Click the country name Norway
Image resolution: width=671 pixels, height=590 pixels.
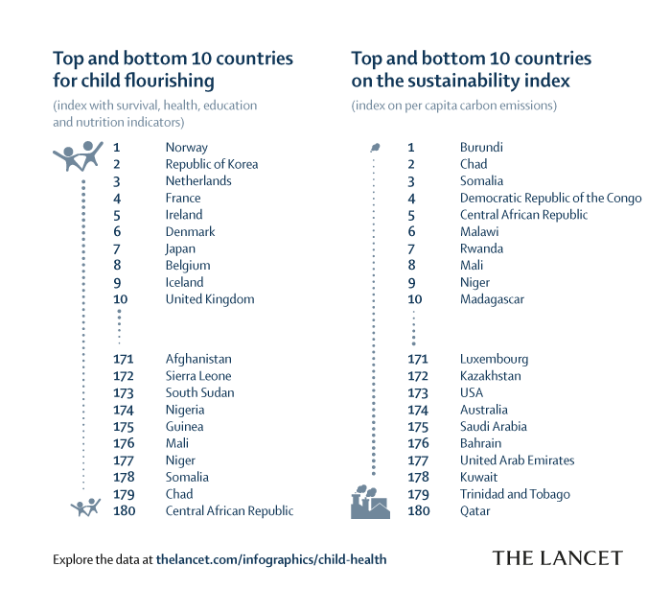click(186, 148)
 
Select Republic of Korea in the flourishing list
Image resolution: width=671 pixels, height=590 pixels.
click(211, 164)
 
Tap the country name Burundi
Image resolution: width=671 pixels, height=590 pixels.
click(481, 148)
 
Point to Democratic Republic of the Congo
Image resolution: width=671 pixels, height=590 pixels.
click(550, 199)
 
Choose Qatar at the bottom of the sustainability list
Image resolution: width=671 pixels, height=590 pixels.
click(474, 511)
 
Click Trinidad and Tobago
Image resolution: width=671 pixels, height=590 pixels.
click(515, 494)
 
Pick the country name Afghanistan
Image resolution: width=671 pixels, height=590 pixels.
click(198, 359)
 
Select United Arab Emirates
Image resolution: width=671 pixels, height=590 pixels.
click(517, 460)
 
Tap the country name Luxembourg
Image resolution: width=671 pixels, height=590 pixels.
click(494, 359)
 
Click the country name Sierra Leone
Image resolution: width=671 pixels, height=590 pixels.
click(197, 376)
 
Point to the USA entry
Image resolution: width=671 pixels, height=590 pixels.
click(472, 393)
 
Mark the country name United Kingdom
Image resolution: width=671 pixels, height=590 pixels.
click(209, 299)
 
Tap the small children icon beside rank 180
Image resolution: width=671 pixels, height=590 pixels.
click(85, 507)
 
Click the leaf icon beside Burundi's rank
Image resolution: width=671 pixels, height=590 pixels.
click(374, 148)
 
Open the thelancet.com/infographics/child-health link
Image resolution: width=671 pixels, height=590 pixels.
click(271, 558)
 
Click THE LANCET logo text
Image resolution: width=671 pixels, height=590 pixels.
click(557, 558)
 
